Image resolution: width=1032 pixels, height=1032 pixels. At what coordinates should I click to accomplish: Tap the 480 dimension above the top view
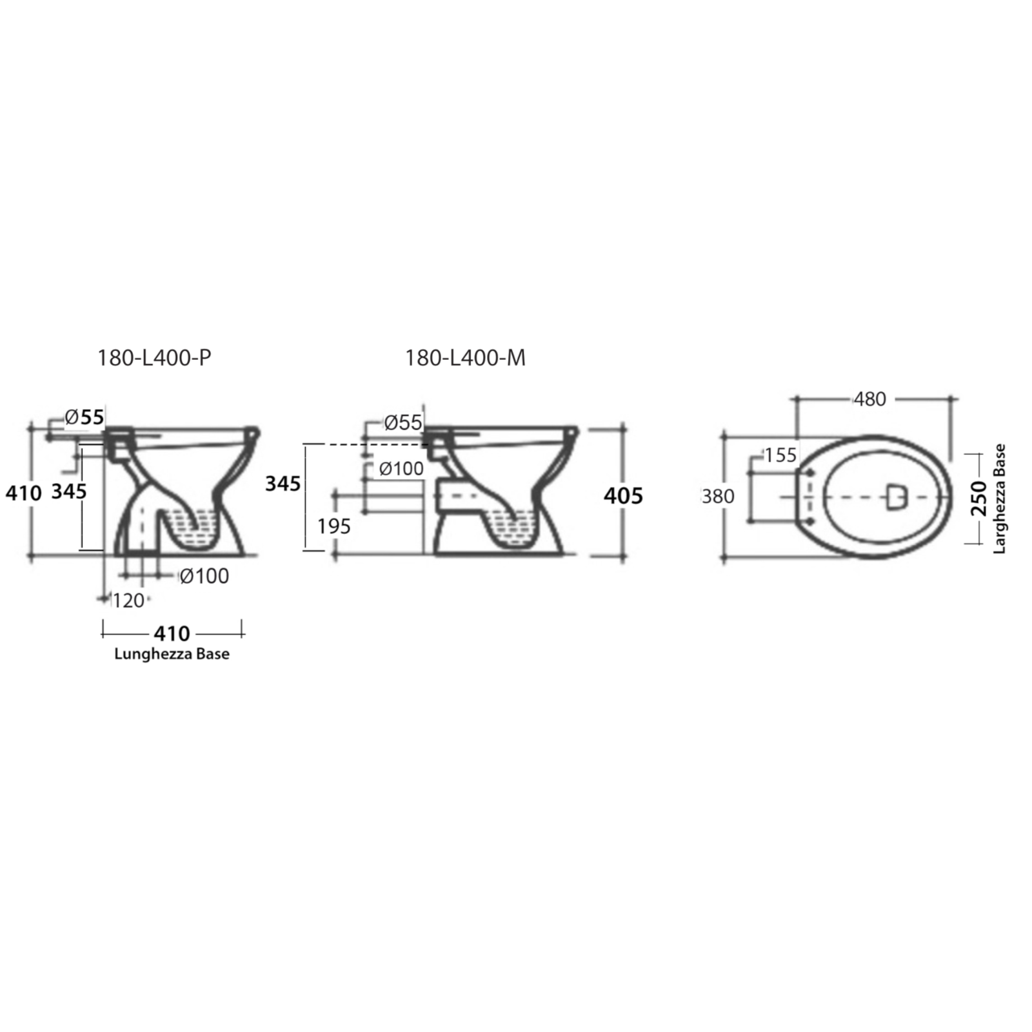(870, 399)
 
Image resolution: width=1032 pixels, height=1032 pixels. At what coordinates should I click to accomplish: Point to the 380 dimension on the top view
(718, 496)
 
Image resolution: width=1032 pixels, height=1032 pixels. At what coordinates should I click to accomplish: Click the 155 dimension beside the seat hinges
(780, 455)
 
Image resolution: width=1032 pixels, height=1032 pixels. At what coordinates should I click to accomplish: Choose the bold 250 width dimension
(978, 499)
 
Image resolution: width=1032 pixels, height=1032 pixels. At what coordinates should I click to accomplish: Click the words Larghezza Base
(999, 499)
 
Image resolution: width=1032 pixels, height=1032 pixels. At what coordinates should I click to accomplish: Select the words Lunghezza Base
(172, 654)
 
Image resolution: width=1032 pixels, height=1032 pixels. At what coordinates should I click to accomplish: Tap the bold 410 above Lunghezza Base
(172, 633)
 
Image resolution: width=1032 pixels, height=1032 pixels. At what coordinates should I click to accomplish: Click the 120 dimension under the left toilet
(128, 600)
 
